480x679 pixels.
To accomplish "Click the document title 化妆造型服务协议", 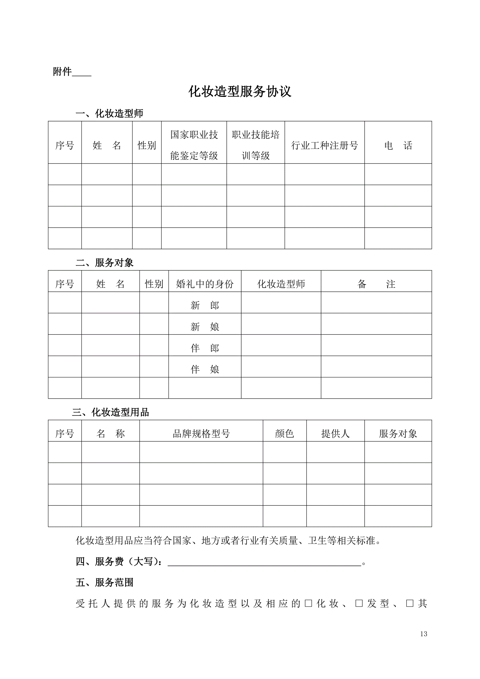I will click(240, 92).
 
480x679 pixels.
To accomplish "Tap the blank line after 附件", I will click(81, 73).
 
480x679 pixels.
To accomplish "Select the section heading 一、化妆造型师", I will click(109, 113).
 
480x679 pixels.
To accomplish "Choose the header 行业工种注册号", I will click(325, 145).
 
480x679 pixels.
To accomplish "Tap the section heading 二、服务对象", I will click(105, 262).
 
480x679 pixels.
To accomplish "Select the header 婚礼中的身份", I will click(205, 284).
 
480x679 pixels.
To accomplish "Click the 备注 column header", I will click(376, 284).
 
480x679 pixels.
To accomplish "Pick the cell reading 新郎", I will click(205, 305).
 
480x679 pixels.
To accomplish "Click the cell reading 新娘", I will click(205, 326).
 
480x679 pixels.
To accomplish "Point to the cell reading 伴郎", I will click(205, 348).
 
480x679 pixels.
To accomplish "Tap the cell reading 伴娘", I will click(205, 369).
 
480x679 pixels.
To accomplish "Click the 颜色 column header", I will click(284, 434).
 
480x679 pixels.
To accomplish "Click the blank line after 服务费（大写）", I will click(264, 562).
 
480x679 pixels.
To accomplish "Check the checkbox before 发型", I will click(359, 603).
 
